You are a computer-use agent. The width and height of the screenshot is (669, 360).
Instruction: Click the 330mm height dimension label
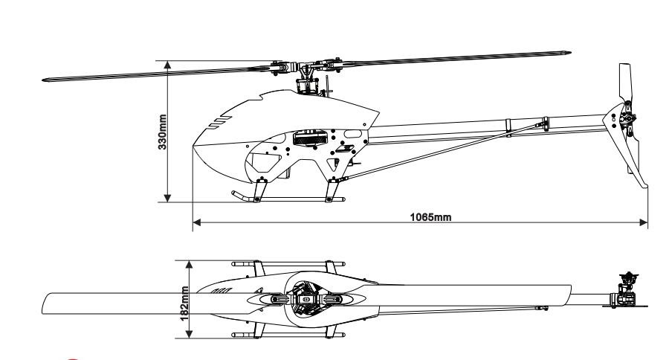tap(162, 132)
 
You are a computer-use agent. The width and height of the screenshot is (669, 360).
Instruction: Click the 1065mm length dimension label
tap(430, 217)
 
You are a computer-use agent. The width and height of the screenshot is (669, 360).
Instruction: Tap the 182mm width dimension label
tap(184, 303)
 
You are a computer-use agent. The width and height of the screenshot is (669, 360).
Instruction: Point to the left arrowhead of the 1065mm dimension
tap(197, 222)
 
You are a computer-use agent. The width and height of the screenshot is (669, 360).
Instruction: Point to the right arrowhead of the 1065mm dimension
tap(644, 222)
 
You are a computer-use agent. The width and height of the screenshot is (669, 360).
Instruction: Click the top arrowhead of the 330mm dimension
tap(168, 65)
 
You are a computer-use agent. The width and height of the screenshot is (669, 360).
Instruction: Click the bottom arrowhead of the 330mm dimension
tap(168, 198)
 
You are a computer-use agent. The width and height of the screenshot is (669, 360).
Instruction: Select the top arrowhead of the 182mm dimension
tap(190, 264)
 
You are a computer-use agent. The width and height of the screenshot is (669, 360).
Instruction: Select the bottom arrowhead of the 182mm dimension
tap(190, 335)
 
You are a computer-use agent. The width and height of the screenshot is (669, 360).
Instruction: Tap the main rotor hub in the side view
tap(306, 68)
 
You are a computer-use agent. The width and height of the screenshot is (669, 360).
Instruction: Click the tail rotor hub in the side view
tap(627, 119)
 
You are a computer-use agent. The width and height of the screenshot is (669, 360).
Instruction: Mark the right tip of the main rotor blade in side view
tap(570, 53)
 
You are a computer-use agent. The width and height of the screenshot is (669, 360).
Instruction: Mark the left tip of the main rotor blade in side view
tap(44, 80)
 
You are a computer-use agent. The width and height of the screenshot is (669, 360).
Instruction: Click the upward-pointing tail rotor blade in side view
tap(625, 83)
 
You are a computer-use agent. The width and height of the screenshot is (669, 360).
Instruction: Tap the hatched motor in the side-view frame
tap(310, 138)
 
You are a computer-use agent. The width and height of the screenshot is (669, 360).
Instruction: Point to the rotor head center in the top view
tap(306, 299)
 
